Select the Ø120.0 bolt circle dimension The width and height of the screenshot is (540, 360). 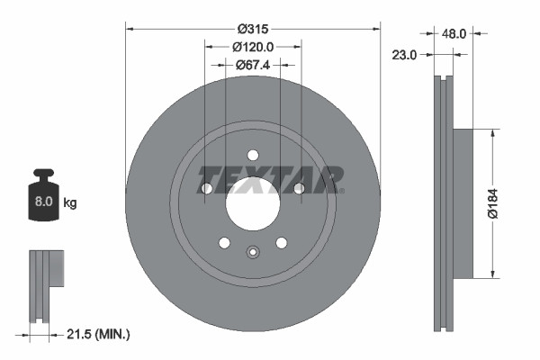click(253, 46)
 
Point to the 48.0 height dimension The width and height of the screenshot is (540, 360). click(454, 33)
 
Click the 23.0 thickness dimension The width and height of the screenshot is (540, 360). click(406, 56)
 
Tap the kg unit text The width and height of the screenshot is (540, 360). click(70, 203)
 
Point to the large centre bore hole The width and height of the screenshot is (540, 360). click(253, 202)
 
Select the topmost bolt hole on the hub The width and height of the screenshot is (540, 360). click(253, 154)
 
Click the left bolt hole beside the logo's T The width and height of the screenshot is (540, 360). click(207, 188)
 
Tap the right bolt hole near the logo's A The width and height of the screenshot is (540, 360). click(298, 187)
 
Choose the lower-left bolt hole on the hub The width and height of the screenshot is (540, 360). click(224, 242)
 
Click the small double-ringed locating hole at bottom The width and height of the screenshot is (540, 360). click(253, 252)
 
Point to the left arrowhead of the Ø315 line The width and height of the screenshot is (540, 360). click(130, 28)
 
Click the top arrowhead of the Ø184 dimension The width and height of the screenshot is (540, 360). click(492, 133)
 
